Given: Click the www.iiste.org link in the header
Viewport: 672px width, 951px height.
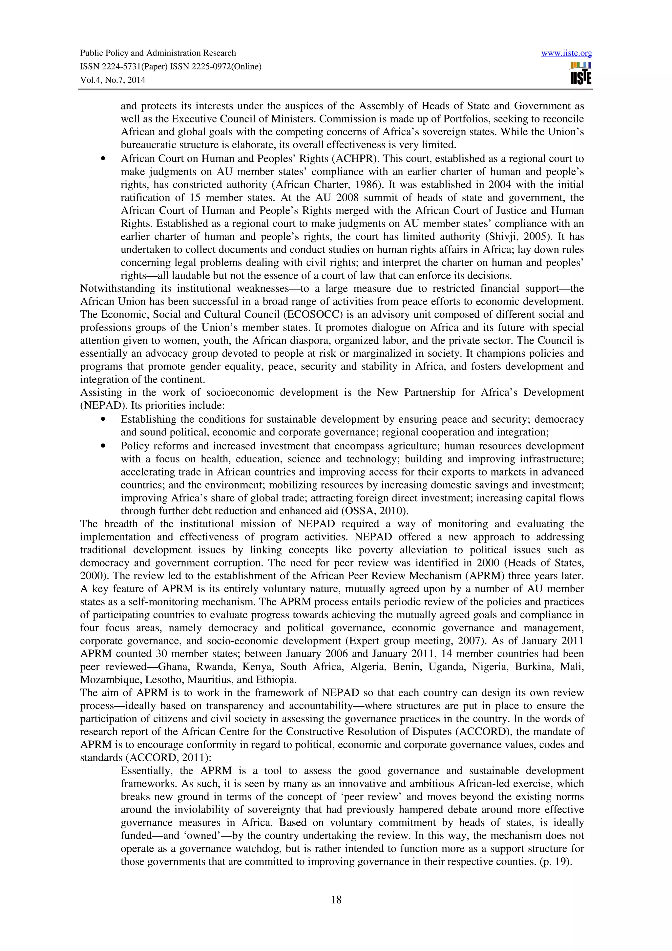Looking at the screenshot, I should (566, 53).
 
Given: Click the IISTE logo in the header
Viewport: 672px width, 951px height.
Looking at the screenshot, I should (580, 73).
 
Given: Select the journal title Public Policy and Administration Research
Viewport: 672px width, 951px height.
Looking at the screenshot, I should (158, 53).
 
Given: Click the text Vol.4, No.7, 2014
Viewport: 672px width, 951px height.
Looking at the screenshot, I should (113, 80).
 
